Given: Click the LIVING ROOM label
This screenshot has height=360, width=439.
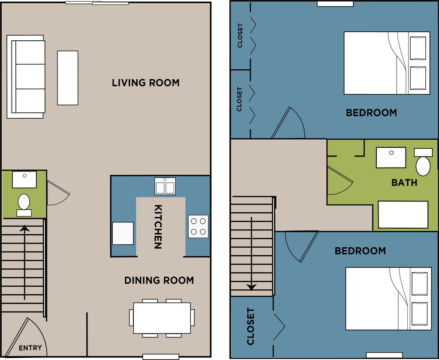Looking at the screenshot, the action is coord(146,83).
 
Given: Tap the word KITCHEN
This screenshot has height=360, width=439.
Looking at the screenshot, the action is coord(158,227).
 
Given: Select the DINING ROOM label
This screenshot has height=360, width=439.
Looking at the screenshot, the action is coord(159,280).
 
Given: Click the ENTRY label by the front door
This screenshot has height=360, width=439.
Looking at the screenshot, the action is coord(30,348).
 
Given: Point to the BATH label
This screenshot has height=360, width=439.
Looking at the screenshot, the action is coord(404,183).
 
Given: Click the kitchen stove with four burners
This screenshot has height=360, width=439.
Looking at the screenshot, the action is coord(198,226).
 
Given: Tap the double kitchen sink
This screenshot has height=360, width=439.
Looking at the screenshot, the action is coord(165,186).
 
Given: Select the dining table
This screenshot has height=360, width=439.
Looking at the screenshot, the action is coord(162,318).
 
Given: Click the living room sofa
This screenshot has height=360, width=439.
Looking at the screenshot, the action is coord(26,77).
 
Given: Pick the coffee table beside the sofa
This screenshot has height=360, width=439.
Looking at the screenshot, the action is coord(68,78).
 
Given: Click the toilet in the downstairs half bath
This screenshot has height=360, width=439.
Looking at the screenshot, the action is coord(24,205).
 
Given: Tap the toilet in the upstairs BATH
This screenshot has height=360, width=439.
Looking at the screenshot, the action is coord(423,162).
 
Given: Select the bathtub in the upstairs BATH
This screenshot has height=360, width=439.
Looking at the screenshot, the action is coord(403,215).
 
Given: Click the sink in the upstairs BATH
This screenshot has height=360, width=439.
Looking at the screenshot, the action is coord(391,158).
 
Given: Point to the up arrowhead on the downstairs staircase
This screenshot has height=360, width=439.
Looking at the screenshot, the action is coord(25,228).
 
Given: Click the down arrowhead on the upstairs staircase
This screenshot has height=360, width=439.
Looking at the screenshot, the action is coord(252,287).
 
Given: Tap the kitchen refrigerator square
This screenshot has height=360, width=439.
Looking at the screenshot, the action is coord(123,234).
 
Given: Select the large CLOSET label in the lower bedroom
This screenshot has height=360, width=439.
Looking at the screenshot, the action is coord(250,327).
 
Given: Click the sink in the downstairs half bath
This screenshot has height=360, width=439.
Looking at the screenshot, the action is coord(24,180).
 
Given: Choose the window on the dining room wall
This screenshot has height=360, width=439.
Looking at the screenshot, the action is coord(161,357).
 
